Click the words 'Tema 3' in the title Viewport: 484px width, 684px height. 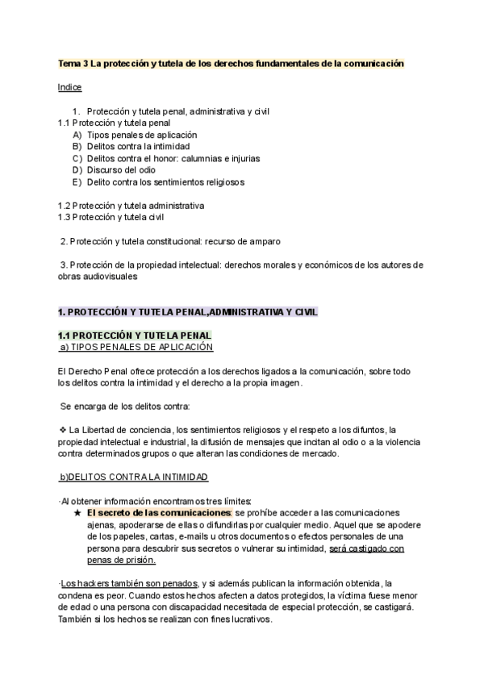[73, 63]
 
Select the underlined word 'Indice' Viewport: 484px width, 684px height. [69, 87]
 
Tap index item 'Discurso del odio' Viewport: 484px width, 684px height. [121, 170]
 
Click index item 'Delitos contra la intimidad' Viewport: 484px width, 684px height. [138, 147]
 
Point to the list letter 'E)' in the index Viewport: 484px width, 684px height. [77, 182]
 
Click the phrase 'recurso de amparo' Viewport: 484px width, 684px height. [244, 241]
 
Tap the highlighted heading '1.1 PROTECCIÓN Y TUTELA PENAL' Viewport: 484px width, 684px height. [135, 335]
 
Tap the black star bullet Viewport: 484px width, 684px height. [77, 512]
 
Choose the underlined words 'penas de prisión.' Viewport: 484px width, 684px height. [120, 560]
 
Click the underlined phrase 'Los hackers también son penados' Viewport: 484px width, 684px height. [128, 583]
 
